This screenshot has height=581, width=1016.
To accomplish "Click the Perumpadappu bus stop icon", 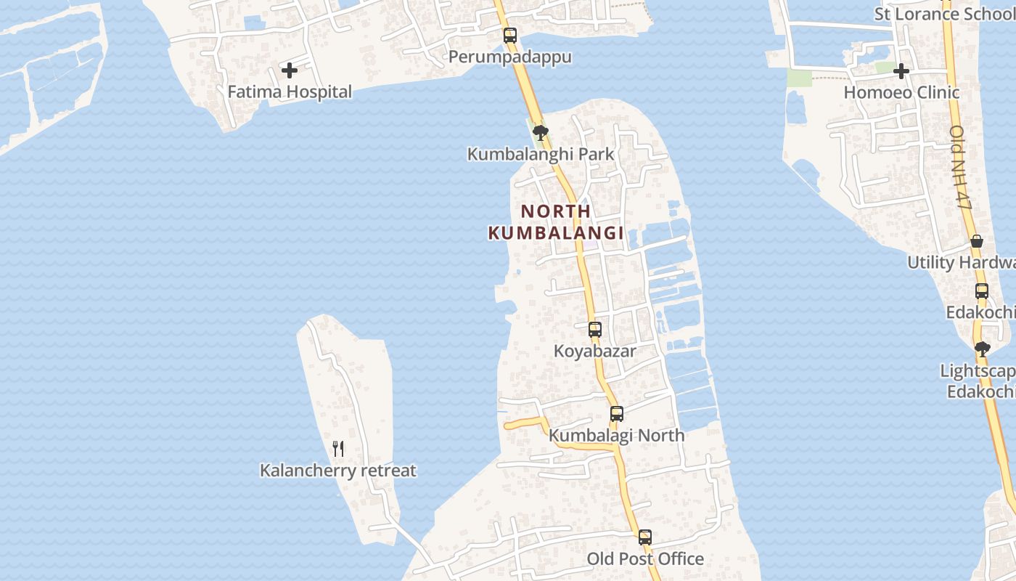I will click(x=510, y=35).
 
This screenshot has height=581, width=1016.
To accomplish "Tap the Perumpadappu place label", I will click(x=509, y=57).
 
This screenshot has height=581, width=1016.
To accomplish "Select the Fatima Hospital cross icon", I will click(x=290, y=70).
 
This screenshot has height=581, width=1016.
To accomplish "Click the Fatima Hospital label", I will click(x=290, y=92).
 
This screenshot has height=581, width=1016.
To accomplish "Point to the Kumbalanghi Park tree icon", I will click(x=540, y=132).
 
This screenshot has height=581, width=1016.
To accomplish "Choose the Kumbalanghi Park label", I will click(x=541, y=154).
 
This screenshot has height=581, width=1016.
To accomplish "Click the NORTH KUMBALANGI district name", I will click(x=556, y=222).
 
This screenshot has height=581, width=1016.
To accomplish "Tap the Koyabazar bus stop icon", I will click(x=595, y=329).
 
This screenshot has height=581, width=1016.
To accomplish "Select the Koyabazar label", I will click(x=595, y=351).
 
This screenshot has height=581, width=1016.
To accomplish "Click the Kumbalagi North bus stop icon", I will click(x=616, y=414).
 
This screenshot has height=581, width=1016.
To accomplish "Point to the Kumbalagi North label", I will click(x=616, y=435).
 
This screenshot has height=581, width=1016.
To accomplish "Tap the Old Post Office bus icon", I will click(x=645, y=537).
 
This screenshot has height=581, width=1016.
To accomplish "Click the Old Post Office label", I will click(x=645, y=558).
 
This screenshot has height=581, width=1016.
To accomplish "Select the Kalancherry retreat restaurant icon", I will click(x=338, y=449).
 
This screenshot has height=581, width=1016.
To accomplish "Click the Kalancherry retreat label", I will click(x=338, y=471).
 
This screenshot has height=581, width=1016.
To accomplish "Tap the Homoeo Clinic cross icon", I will click(x=901, y=71).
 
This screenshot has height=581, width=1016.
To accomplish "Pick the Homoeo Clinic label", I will click(x=901, y=92).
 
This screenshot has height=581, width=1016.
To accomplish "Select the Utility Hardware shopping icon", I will click(x=977, y=241).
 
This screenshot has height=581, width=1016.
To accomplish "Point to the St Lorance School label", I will click(x=944, y=14).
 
